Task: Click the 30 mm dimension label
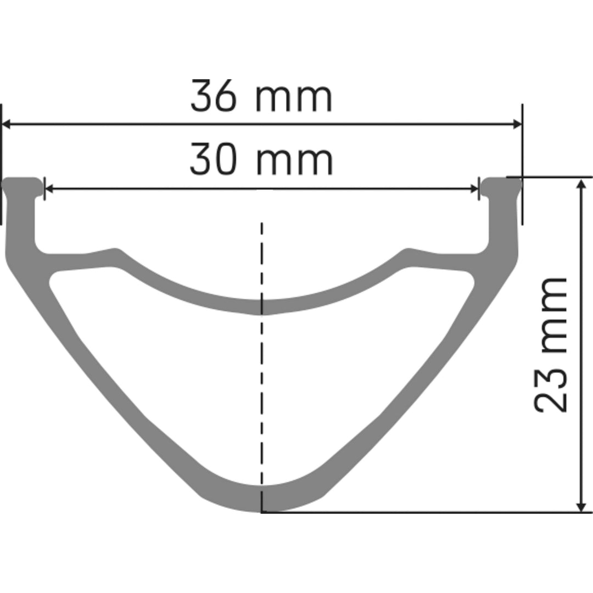(261, 160)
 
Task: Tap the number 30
(214, 160)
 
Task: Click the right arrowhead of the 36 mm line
(516, 124)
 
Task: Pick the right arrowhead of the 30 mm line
(474, 189)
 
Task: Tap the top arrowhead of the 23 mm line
(580, 184)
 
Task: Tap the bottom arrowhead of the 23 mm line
(580, 506)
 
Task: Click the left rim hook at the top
(22, 187)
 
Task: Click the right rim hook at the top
(501, 187)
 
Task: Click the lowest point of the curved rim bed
(262, 307)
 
